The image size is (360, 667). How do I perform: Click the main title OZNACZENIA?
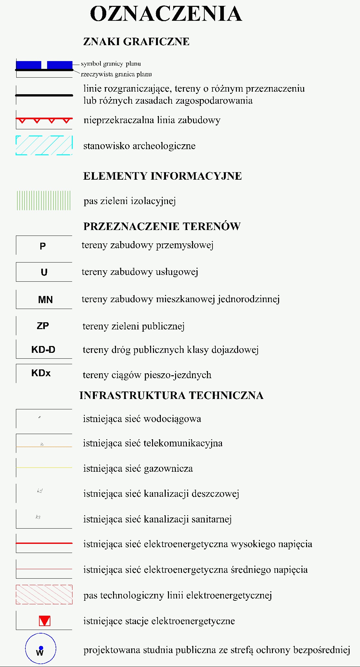(166, 14)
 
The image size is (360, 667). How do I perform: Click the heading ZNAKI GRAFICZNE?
(136, 42)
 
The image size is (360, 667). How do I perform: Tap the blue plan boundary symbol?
(44, 65)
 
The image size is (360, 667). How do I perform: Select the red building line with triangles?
(44, 120)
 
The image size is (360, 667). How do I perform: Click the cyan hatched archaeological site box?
(44, 145)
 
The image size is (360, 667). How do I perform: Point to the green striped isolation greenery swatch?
(44, 200)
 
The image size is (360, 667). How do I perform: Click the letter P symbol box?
(43, 246)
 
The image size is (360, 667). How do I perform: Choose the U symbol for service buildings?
(44, 272)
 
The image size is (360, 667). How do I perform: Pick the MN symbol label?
(45, 300)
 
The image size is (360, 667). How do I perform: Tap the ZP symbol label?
(43, 326)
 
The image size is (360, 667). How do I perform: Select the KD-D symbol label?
(43, 350)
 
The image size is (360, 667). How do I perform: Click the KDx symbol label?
(41, 373)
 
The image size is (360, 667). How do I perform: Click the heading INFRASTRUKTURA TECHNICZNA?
(171, 395)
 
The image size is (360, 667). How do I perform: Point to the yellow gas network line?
(44, 468)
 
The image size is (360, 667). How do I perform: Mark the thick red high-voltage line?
(44, 543)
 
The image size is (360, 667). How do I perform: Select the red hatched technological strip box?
(44, 594)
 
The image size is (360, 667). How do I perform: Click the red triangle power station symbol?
(45, 621)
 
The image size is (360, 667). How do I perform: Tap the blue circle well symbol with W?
(41, 649)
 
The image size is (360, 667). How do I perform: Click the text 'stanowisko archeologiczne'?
(139, 146)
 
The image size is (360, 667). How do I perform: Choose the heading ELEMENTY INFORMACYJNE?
(162, 176)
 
